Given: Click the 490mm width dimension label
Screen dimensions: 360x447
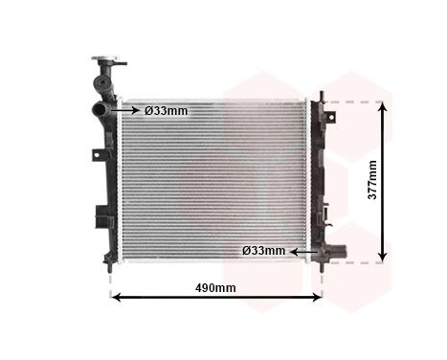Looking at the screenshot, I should click(x=215, y=287).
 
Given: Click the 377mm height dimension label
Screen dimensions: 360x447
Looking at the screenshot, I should click(x=373, y=179).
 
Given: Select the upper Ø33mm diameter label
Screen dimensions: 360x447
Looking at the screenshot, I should click(x=168, y=111).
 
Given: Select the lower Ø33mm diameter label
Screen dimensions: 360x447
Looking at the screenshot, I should click(x=264, y=251).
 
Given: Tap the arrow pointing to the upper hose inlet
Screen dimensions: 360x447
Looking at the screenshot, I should click(x=129, y=111).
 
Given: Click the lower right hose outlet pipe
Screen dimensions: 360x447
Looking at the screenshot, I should click(x=334, y=252).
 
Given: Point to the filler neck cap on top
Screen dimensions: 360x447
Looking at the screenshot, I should click(x=108, y=62).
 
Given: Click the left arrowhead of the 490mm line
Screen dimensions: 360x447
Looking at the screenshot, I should click(x=117, y=297).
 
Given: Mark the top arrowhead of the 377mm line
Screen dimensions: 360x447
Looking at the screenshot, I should click(x=383, y=106).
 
